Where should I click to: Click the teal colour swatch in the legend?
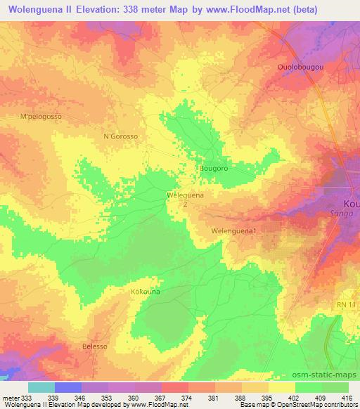[41, 387]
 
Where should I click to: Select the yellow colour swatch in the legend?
[282, 387]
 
